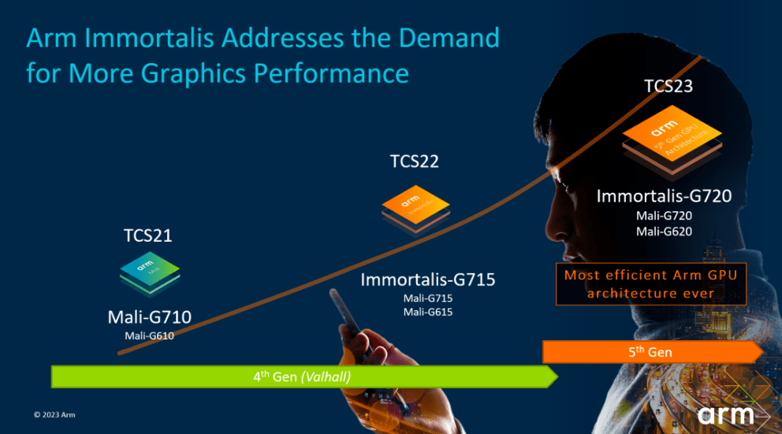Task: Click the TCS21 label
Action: pos(147,236)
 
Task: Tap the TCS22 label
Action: pos(414,161)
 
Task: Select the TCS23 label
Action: pos(668,86)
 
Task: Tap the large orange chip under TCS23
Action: pos(672,143)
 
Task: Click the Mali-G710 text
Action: pos(149,317)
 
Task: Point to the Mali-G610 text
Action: pos(149,336)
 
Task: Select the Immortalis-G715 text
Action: pos(428,279)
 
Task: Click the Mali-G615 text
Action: pos(428,312)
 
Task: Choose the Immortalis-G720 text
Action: pos(665,196)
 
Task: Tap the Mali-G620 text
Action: pos(665,231)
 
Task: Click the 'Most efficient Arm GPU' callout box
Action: pos(650,284)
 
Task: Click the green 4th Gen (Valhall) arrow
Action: pos(303,377)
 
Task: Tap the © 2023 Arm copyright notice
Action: pos(54,414)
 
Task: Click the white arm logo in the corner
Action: pos(725,414)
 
